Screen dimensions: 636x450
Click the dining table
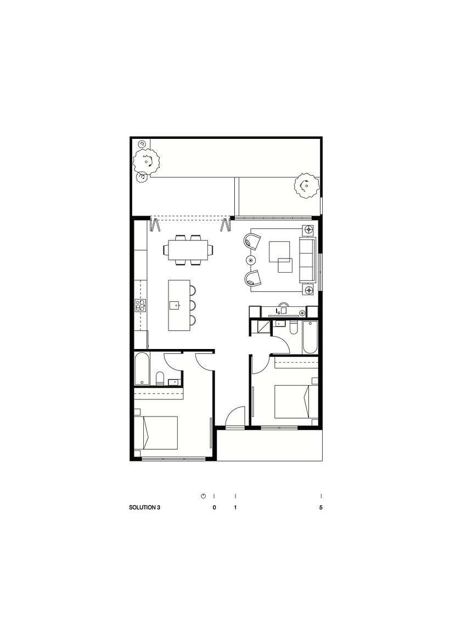coord(188,250)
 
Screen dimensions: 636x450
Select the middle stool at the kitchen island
coord(193,305)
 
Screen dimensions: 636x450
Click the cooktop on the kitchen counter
coord(140,305)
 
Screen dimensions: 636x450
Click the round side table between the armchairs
coord(251,260)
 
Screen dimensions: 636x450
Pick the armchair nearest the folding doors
coord(252,240)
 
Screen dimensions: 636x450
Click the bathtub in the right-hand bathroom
coord(309,337)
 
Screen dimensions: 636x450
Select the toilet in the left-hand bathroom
coord(159,379)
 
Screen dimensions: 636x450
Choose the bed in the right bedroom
coord(291,402)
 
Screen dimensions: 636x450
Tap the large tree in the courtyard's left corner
coord(147,161)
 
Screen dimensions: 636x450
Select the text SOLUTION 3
coord(144,508)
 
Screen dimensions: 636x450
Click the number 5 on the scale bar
coord(320,508)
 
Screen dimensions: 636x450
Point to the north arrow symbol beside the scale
coord(203,496)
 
